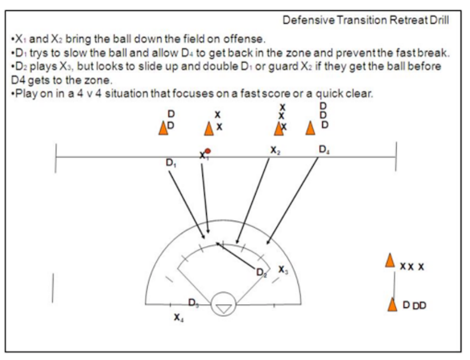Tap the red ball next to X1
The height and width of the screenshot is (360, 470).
pyautogui.click(x=207, y=151)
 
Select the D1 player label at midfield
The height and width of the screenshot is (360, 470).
pyautogui.click(x=171, y=163)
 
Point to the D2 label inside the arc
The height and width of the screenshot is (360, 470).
pyautogui.click(x=262, y=273)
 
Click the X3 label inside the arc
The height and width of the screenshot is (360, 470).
pyautogui.click(x=283, y=269)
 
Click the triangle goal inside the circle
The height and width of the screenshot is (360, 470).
pyautogui.click(x=223, y=307)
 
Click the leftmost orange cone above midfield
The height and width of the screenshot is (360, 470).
pyautogui.click(x=162, y=127)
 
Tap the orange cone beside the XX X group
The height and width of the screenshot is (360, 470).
pyautogui.click(x=390, y=260)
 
